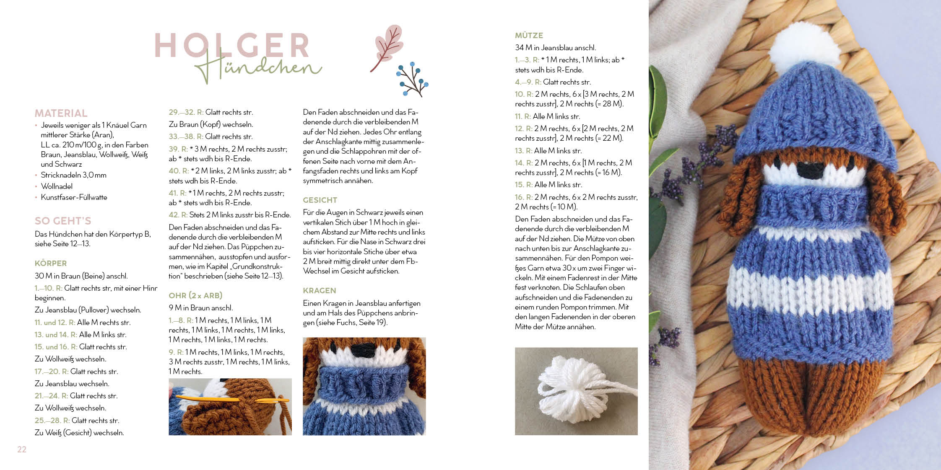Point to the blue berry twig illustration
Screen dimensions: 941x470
[x=412, y=79]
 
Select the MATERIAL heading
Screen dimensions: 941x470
[x=61, y=113]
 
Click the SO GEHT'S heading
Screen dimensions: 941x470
[x=63, y=221]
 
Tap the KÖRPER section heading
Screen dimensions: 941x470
[x=51, y=263]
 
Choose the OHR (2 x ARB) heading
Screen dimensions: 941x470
[x=195, y=295]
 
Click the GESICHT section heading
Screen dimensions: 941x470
[x=320, y=200]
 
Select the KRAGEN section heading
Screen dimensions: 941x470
[x=320, y=291]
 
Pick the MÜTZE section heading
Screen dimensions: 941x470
[x=529, y=36]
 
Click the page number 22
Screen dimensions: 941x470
[x=22, y=449]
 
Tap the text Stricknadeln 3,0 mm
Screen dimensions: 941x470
[x=74, y=175]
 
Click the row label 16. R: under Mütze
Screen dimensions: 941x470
[x=524, y=197]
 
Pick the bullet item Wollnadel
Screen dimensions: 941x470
[x=57, y=186]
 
